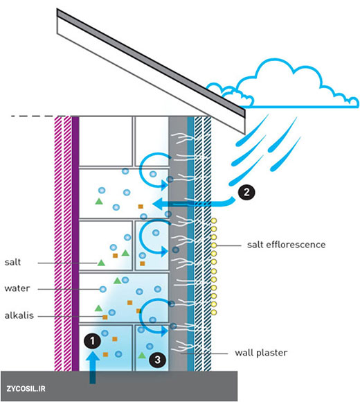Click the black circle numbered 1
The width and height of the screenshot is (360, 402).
(x=92, y=341)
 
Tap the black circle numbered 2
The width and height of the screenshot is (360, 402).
(x=246, y=192)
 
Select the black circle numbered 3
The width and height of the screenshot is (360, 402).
(x=157, y=360)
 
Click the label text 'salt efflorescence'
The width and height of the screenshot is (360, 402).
(x=286, y=245)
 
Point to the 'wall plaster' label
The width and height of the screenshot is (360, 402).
(x=261, y=353)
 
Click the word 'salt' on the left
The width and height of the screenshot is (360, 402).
(x=12, y=262)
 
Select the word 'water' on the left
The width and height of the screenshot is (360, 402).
(x=17, y=288)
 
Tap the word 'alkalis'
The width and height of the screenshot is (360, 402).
(x=19, y=315)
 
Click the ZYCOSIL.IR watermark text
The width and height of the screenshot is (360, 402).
(x=26, y=389)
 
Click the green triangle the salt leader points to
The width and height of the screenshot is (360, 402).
(x=101, y=263)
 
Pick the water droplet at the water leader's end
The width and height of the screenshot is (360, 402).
(x=103, y=289)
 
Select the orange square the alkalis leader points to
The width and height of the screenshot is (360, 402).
(x=105, y=317)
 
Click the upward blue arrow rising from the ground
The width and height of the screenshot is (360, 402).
(x=93, y=367)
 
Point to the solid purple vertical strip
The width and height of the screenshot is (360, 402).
(x=75, y=243)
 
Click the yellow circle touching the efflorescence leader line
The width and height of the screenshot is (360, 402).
(x=213, y=245)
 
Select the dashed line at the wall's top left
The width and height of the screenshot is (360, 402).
(x=33, y=116)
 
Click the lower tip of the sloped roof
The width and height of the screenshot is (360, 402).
(x=245, y=133)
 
